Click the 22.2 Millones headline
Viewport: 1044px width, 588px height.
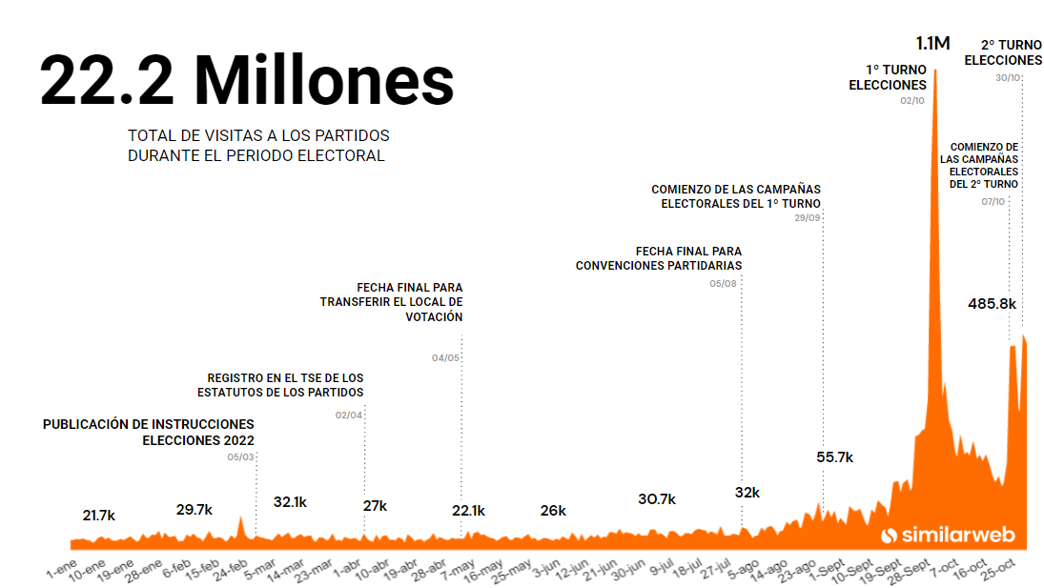[x=247, y=80]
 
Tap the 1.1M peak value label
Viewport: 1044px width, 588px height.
[x=932, y=43]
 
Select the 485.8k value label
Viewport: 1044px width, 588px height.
[x=992, y=304]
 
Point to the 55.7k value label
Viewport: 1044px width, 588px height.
[x=834, y=457]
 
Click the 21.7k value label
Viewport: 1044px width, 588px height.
[x=98, y=516]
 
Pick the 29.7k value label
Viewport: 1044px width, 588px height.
[x=194, y=510]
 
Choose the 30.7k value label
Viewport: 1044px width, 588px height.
[x=656, y=499]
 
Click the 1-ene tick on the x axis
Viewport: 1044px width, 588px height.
[x=62, y=570]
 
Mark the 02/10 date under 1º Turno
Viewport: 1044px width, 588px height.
[x=911, y=101]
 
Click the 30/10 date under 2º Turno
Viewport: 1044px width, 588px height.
[x=1008, y=78]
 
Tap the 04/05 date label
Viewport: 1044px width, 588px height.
[x=445, y=358]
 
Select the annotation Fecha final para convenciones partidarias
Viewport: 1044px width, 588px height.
[x=658, y=258]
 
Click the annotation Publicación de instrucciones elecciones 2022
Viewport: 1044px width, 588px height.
[x=149, y=432]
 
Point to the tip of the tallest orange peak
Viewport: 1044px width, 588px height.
[x=935, y=71]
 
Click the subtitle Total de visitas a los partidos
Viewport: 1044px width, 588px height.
[x=257, y=146]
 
